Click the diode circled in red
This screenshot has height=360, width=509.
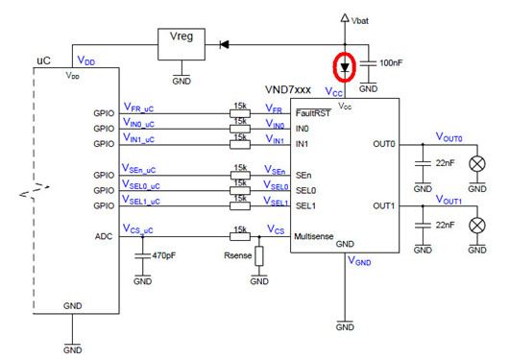345,66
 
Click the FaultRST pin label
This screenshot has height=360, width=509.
314,112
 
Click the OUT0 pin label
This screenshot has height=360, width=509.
384,143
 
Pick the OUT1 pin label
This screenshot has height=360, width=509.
384,204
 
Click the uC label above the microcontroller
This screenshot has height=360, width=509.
43,60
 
